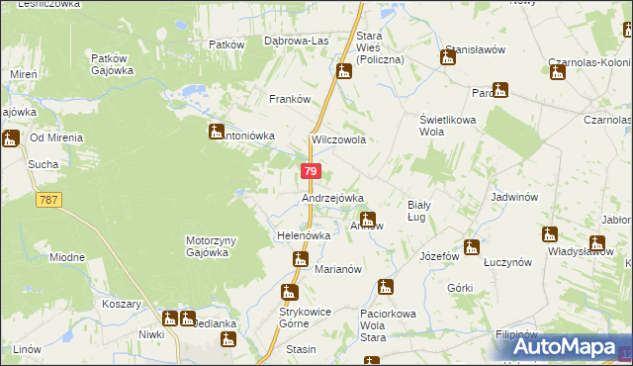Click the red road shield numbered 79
point(311,172)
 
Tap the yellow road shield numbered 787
point(46,200)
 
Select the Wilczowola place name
point(339,140)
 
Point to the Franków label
point(291,99)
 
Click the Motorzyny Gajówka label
point(208,246)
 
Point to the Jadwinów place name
point(512,197)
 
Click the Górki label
point(460,288)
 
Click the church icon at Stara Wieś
point(343,71)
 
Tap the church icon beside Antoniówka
point(217,131)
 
